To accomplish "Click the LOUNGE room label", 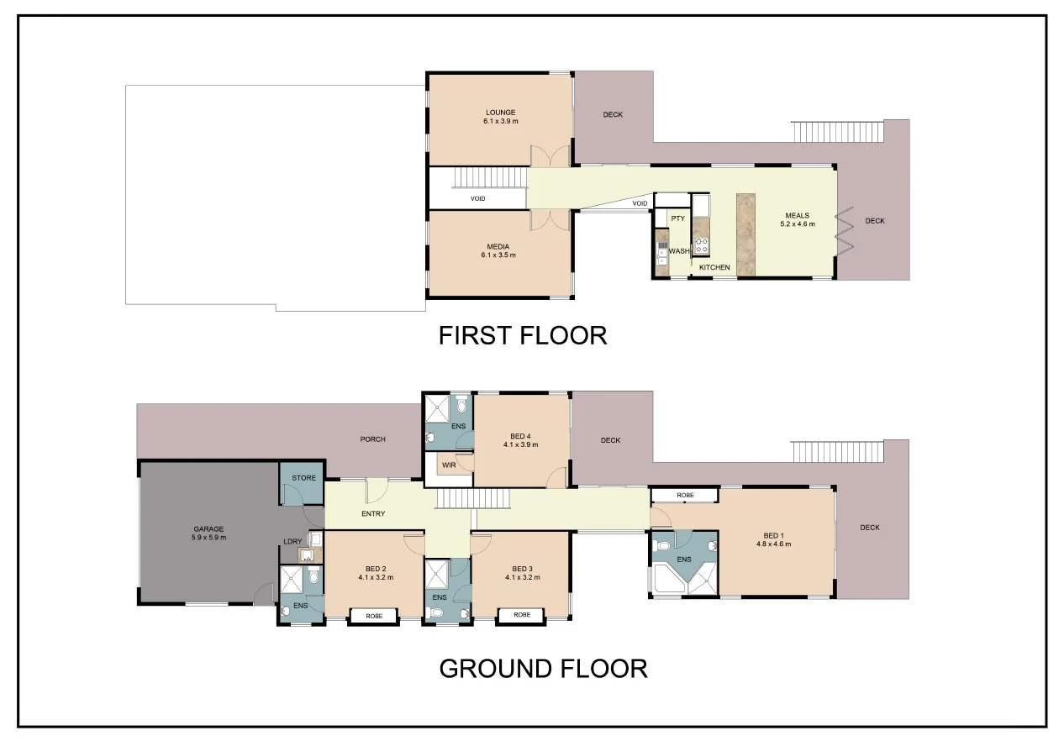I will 499,112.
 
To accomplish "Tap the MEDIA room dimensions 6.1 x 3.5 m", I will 499,255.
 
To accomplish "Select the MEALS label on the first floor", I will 797,215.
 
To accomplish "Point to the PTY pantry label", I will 678,218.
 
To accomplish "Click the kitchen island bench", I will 745,234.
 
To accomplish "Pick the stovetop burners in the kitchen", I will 702,245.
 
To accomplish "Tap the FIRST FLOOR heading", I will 522,335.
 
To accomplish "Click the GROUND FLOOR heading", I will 543,669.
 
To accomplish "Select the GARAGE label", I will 208,528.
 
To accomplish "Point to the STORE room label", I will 303,478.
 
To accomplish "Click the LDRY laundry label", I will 293,541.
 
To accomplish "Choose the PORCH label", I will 372,439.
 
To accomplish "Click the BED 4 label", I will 520,435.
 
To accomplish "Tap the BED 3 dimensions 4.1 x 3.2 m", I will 522,577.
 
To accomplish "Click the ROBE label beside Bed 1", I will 685,496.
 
